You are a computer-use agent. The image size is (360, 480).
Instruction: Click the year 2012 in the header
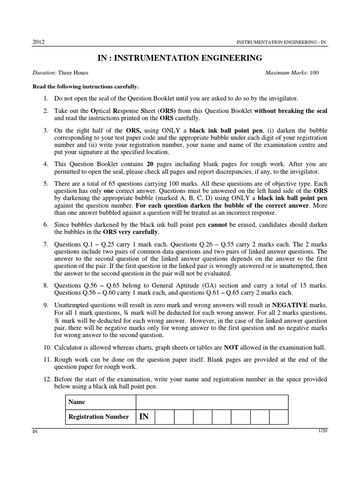[38, 42]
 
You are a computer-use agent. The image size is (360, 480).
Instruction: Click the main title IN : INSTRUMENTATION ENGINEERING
[180, 58]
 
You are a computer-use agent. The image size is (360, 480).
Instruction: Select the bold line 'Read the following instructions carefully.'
[85, 87]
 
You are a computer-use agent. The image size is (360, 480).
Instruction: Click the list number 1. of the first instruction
[46, 98]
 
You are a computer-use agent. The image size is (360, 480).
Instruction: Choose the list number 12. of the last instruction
[45, 379]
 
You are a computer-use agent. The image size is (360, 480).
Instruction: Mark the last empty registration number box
[279, 416]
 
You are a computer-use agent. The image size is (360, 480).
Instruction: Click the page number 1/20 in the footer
[322, 430]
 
